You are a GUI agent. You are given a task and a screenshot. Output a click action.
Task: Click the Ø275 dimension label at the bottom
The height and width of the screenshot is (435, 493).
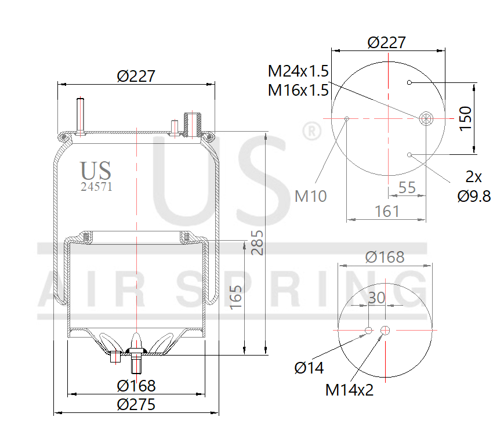[x=136, y=404]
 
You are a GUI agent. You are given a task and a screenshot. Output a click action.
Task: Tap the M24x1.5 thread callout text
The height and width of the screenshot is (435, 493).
[x=298, y=71]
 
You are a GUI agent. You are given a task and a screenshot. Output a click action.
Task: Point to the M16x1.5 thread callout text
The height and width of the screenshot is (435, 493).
[x=298, y=90]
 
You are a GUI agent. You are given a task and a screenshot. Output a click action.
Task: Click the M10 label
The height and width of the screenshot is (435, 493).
[x=310, y=196]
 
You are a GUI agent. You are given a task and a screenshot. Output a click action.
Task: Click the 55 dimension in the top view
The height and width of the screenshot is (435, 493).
[x=408, y=187]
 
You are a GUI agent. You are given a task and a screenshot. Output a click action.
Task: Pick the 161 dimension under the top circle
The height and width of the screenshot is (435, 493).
[x=386, y=211]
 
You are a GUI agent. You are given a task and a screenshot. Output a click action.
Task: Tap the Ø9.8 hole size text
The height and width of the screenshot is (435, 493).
[x=474, y=196]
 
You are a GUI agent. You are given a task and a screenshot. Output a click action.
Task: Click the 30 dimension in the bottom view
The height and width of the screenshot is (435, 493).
[x=376, y=298]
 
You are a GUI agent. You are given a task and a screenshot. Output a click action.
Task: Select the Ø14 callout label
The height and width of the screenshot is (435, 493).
[x=309, y=368]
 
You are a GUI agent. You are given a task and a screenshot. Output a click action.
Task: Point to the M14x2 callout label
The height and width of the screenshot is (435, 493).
[x=349, y=390]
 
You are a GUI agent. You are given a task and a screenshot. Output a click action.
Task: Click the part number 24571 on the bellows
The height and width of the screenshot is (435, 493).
[x=96, y=187]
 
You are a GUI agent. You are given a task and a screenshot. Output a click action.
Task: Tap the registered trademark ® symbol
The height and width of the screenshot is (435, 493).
[x=311, y=132]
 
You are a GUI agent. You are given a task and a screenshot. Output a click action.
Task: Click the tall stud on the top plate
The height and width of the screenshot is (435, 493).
[x=80, y=116]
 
